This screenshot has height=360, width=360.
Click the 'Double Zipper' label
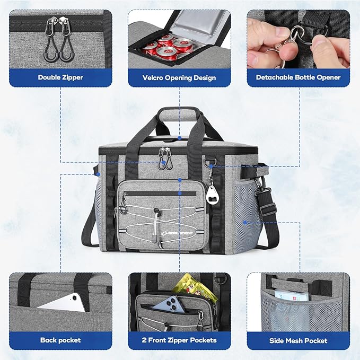coord(60,77)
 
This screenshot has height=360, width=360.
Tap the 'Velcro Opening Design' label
coord(179,78)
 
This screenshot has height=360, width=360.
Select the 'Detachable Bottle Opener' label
coord(298,77)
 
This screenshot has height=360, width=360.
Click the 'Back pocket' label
coord(60,340)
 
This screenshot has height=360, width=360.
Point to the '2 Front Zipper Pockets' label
coord(179,340)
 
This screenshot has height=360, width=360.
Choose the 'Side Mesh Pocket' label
coord(298,340)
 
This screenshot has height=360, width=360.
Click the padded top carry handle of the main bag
coord(180,112)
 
